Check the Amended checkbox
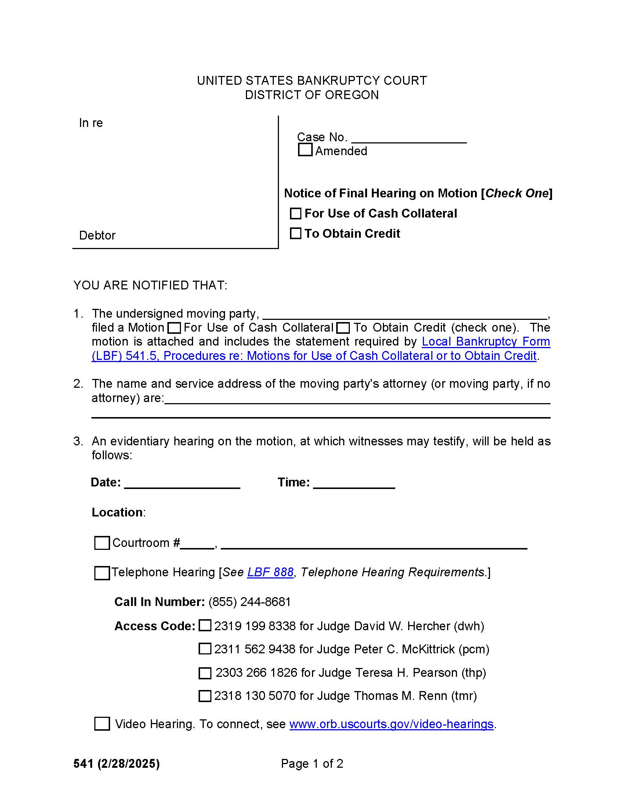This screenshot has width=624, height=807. tap(305, 150)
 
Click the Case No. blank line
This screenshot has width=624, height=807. tap(409, 138)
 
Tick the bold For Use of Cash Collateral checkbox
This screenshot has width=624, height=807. tap(295, 213)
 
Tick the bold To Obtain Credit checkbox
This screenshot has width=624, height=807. tap(295, 234)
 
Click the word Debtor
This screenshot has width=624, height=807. tap(97, 235)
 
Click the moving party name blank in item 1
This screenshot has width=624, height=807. tap(405, 314)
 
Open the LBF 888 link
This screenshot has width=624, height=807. tap(270, 572)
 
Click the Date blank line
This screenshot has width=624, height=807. tap(182, 483)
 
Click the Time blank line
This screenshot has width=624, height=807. tap(354, 483)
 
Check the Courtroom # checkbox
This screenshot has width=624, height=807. tap(102, 543)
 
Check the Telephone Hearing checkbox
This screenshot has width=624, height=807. tap(102, 573)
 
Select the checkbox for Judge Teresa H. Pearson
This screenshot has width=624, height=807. tap(205, 673)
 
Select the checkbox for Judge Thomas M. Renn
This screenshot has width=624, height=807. tap(205, 696)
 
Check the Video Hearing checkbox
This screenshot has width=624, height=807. tap(102, 724)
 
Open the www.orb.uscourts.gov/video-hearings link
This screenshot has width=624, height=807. tap(391, 724)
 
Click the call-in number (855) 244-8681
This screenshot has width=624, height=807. tap(250, 602)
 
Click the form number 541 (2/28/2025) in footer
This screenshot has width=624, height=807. tap(116, 763)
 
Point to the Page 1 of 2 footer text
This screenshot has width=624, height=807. tap(312, 763)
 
